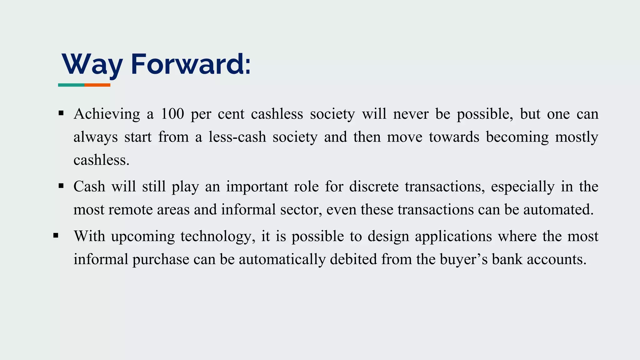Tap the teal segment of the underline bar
[x=71, y=85]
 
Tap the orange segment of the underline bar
[x=97, y=85]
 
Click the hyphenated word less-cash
[x=237, y=137]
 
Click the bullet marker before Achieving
[x=61, y=113]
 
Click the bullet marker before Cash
[x=61, y=186]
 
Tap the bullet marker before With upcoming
[x=56, y=235]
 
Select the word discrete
[x=374, y=187]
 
